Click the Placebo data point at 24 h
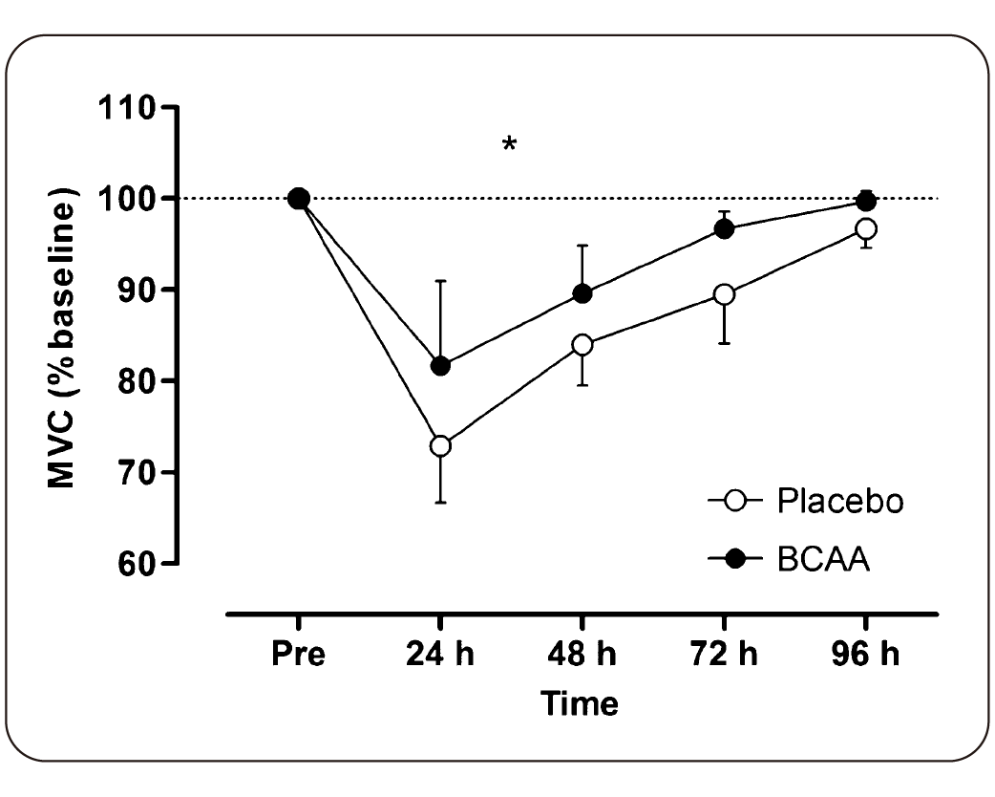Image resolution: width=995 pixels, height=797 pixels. [x=440, y=445]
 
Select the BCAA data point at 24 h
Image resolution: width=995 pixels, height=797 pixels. [x=440, y=365]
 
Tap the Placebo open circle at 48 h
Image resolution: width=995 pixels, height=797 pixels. [x=582, y=345]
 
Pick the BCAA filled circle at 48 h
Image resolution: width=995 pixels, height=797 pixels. [x=582, y=293]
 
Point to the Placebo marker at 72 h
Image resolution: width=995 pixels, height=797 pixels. [x=724, y=294]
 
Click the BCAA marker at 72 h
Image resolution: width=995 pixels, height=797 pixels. [x=724, y=228]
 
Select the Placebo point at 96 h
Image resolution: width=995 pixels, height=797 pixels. [x=866, y=228]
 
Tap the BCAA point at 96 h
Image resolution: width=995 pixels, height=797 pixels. [x=866, y=201]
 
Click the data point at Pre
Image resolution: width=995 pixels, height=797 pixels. [x=298, y=199]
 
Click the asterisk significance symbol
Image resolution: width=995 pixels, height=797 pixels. [x=510, y=145]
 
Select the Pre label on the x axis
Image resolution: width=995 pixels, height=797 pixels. [x=298, y=657]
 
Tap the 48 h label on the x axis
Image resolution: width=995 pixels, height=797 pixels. [x=582, y=657]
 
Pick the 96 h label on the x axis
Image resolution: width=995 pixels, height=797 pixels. [x=866, y=657]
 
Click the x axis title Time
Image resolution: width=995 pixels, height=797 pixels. [x=580, y=704]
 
